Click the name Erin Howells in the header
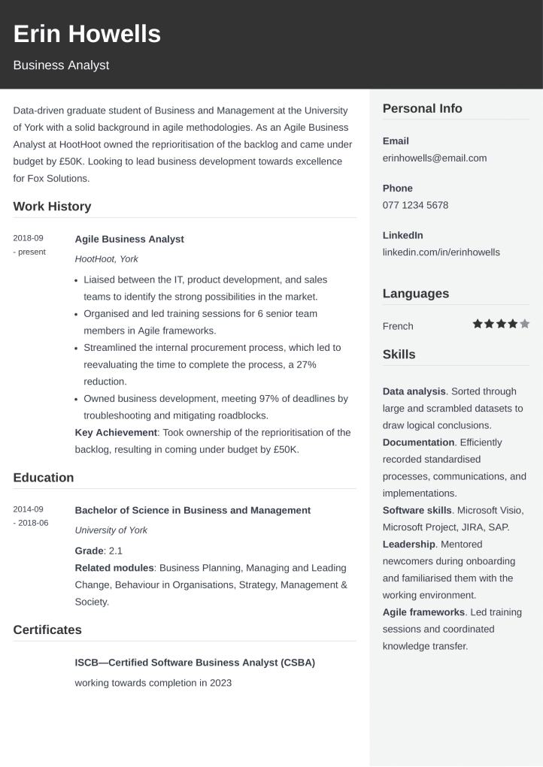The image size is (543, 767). [86, 35]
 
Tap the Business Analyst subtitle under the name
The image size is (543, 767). [61, 65]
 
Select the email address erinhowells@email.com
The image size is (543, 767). [435, 158]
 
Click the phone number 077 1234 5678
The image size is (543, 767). [415, 205]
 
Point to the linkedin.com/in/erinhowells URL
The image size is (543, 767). [441, 252]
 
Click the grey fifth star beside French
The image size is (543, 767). [525, 324]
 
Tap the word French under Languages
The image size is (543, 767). [398, 326]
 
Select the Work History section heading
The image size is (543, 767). [52, 207]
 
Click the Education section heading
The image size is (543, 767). [44, 478]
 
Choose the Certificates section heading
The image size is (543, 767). [47, 630]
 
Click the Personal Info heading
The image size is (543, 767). [422, 109]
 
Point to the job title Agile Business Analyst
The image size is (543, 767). [129, 239]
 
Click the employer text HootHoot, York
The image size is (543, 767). [107, 259]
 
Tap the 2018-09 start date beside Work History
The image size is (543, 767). [29, 238]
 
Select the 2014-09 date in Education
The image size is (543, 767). [29, 509]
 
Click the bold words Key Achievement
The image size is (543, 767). [116, 432]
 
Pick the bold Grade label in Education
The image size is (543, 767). [89, 551]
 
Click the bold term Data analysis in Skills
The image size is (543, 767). [414, 391]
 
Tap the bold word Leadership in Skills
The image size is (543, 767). [408, 544]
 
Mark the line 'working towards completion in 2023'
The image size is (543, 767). [153, 683]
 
